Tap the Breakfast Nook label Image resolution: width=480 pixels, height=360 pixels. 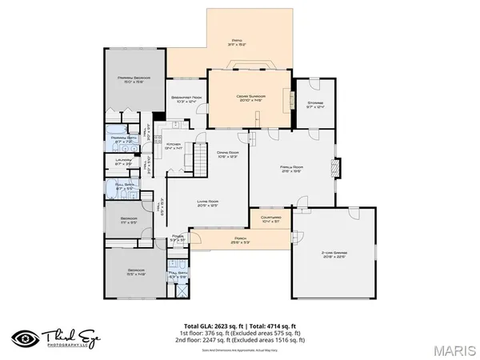(186, 100)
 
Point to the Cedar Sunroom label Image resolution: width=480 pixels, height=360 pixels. (250, 98)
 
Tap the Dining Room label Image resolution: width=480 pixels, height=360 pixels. (230, 154)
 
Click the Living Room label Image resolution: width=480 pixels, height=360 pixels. (206, 203)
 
